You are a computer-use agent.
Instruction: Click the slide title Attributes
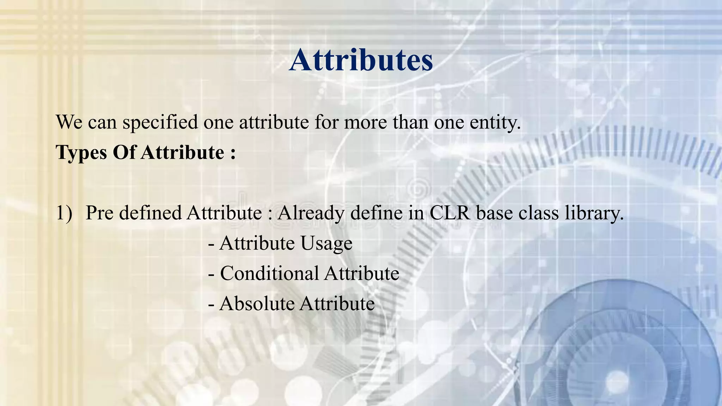[x=361, y=60]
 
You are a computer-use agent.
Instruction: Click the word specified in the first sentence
[x=160, y=123]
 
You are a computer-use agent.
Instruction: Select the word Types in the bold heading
[x=81, y=153]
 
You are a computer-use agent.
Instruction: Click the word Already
[x=310, y=213]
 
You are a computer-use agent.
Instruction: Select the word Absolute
[x=257, y=304]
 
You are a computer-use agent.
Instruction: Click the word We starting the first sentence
[x=69, y=123]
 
